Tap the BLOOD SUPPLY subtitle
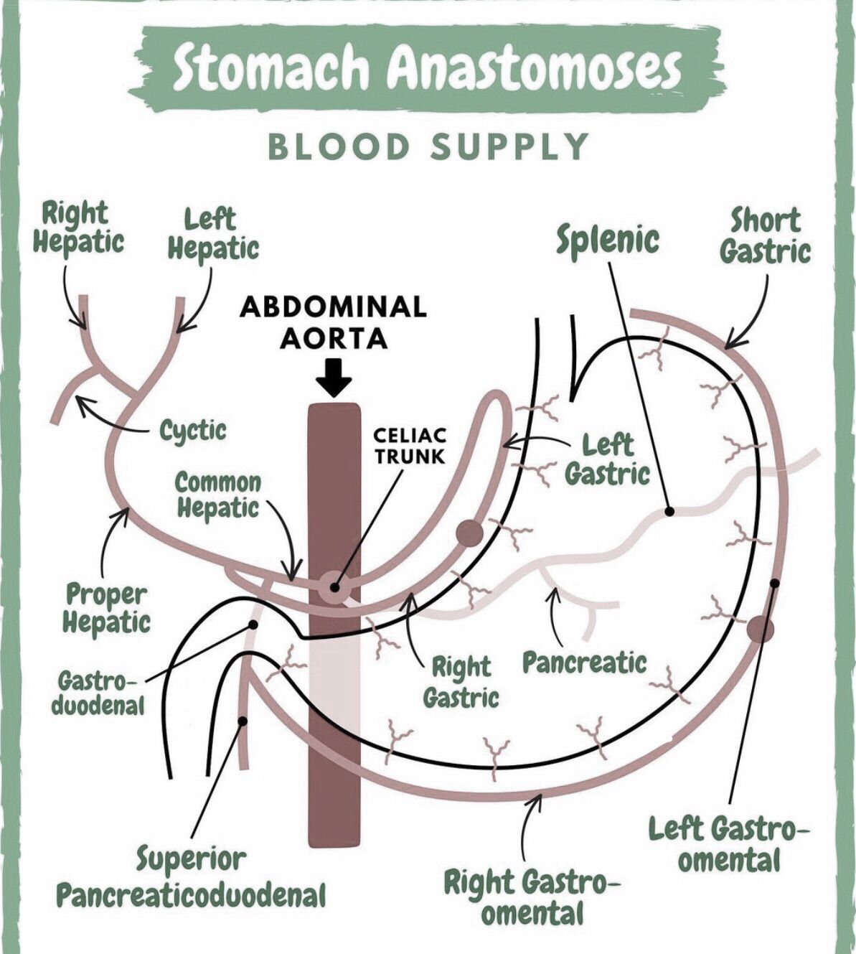(428, 147)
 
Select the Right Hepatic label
(77, 227)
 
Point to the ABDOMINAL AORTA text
(334, 322)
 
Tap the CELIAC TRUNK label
(410, 445)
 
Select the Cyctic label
(192, 431)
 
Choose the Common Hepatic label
(218, 495)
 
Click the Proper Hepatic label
(106, 607)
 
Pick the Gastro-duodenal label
(98, 692)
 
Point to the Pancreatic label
(584, 663)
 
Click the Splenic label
(608, 239)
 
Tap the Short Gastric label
(765, 235)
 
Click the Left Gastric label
(607, 460)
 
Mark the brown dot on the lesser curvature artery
(469, 533)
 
